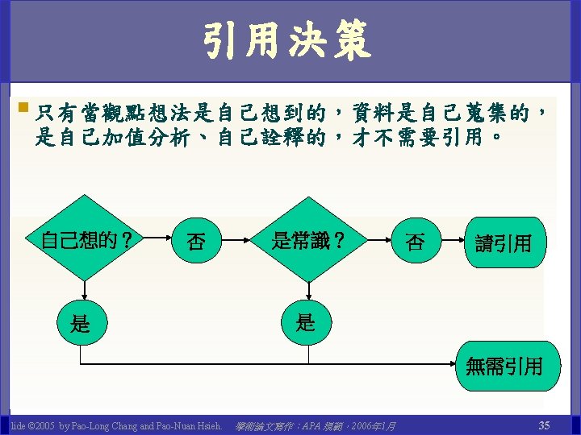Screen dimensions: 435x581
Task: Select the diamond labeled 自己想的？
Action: coord(86,239)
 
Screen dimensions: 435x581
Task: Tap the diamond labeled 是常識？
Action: coord(308,239)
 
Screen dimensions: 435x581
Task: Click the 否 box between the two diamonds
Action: coord(195,241)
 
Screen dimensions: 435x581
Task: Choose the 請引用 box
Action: coord(503,242)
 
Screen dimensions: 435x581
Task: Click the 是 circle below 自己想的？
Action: coord(81,324)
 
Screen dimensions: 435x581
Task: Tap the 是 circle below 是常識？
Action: coord(306,323)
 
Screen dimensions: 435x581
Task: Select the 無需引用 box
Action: coord(504,366)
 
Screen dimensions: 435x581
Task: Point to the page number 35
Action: coord(544,425)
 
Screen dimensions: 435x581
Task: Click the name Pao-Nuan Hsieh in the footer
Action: coord(187,425)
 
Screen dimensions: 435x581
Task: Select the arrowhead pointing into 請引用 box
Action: coord(462,241)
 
